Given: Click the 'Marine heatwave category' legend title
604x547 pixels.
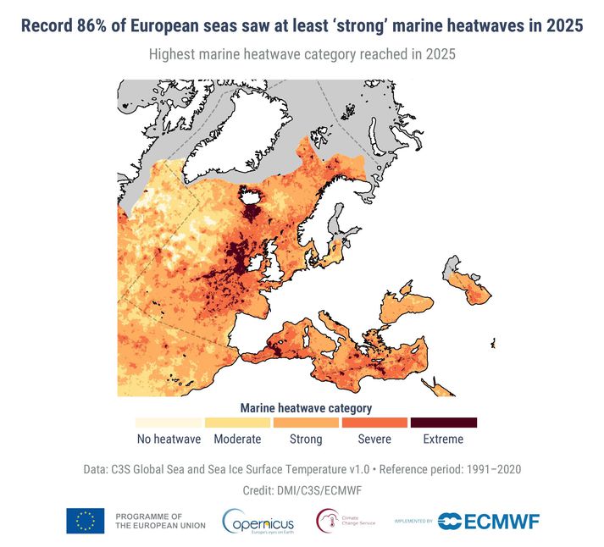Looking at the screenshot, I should [x=306, y=407].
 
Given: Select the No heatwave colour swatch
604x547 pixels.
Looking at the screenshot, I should [x=169, y=422].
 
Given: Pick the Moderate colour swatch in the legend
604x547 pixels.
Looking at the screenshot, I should [x=237, y=422].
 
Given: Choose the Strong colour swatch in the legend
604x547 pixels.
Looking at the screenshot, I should [x=306, y=422].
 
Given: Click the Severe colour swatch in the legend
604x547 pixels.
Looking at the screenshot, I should [x=374, y=422].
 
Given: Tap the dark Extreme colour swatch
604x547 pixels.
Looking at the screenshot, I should [x=443, y=422].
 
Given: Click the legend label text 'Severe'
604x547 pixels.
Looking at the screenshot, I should [x=374, y=439].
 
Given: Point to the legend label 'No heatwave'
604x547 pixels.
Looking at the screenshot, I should [x=169, y=439].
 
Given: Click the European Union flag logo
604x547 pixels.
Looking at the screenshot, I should [x=86, y=521].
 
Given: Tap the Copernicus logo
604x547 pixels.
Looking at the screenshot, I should [x=259, y=521].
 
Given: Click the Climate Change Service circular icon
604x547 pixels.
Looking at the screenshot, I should [x=328, y=520].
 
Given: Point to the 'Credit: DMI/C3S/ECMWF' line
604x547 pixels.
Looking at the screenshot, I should [x=302, y=490].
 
